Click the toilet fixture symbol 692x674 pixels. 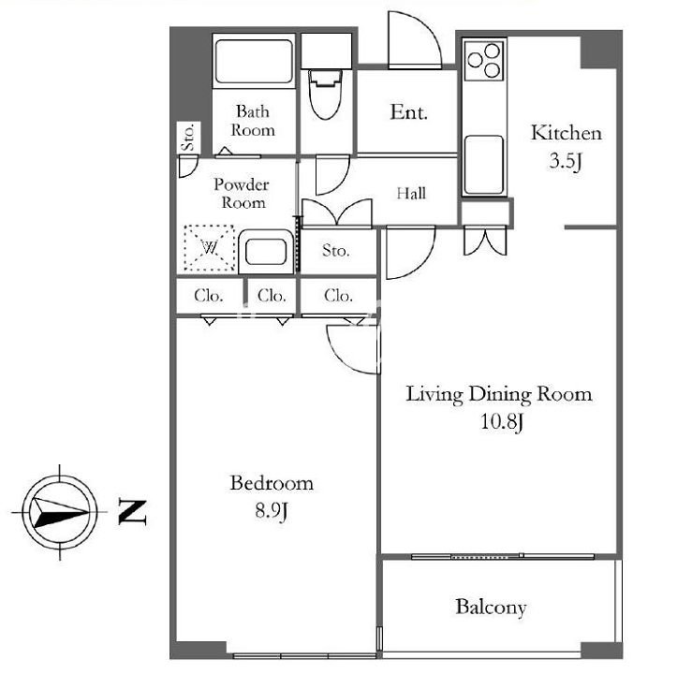click(326, 94)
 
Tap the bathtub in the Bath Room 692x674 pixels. click(254, 61)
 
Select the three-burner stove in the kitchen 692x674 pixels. click(484, 61)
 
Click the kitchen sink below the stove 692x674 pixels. click(484, 164)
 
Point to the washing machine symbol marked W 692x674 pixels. click(209, 248)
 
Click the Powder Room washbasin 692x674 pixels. click(266, 252)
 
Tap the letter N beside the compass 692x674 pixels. click(132, 512)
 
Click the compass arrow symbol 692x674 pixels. click(61, 512)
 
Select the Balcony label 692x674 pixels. click(491, 607)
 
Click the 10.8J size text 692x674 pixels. click(501, 421)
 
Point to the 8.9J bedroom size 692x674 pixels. click(272, 511)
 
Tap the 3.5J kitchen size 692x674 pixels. click(566, 161)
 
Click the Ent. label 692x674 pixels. click(408, 112)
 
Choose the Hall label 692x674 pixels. click(411, 193)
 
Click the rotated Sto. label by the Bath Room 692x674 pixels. click(188, 138)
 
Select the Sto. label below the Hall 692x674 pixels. click(336, 251)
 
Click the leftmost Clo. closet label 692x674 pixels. click(208, 295)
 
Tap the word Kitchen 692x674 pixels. click(567, 133)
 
